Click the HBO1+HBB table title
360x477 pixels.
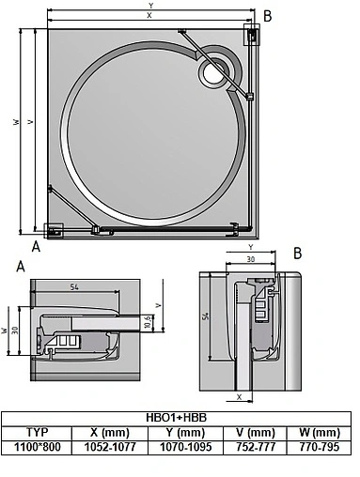click(177, 416)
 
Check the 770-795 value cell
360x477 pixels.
click(318, 447)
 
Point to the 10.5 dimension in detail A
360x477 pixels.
click(147, 322)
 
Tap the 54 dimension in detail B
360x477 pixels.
click(208, 319)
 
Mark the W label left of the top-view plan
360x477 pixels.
click(16, 122)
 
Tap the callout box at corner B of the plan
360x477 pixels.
click(253, 35)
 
